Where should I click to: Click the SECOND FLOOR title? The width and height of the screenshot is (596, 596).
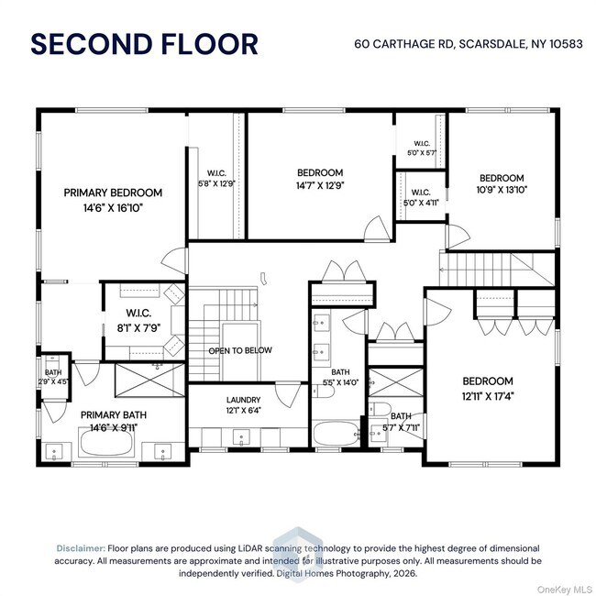145,44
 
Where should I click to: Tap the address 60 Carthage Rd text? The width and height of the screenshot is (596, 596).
403,44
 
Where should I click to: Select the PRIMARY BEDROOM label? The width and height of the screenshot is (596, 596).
113,193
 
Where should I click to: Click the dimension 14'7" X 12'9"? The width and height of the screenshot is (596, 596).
320,185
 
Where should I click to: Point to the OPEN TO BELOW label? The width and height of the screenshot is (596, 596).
240,350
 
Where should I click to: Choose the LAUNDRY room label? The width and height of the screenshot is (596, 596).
243,400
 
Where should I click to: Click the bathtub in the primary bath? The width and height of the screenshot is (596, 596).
106,442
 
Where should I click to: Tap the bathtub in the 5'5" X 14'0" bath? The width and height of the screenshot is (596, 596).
336,434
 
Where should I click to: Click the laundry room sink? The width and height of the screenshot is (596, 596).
241,437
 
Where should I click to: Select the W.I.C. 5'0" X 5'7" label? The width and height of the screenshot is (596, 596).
422,149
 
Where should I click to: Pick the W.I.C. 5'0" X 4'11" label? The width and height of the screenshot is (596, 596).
421,198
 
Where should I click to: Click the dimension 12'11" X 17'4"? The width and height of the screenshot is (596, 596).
488,396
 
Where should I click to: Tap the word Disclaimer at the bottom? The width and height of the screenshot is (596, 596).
81,548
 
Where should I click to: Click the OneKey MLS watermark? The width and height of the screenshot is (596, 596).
565,590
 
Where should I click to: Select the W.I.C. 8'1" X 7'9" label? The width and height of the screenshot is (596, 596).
138,320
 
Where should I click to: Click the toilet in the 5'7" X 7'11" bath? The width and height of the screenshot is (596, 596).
380,409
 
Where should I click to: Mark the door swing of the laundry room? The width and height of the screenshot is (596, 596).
288,395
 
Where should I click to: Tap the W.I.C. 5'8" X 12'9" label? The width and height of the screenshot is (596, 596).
216,179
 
